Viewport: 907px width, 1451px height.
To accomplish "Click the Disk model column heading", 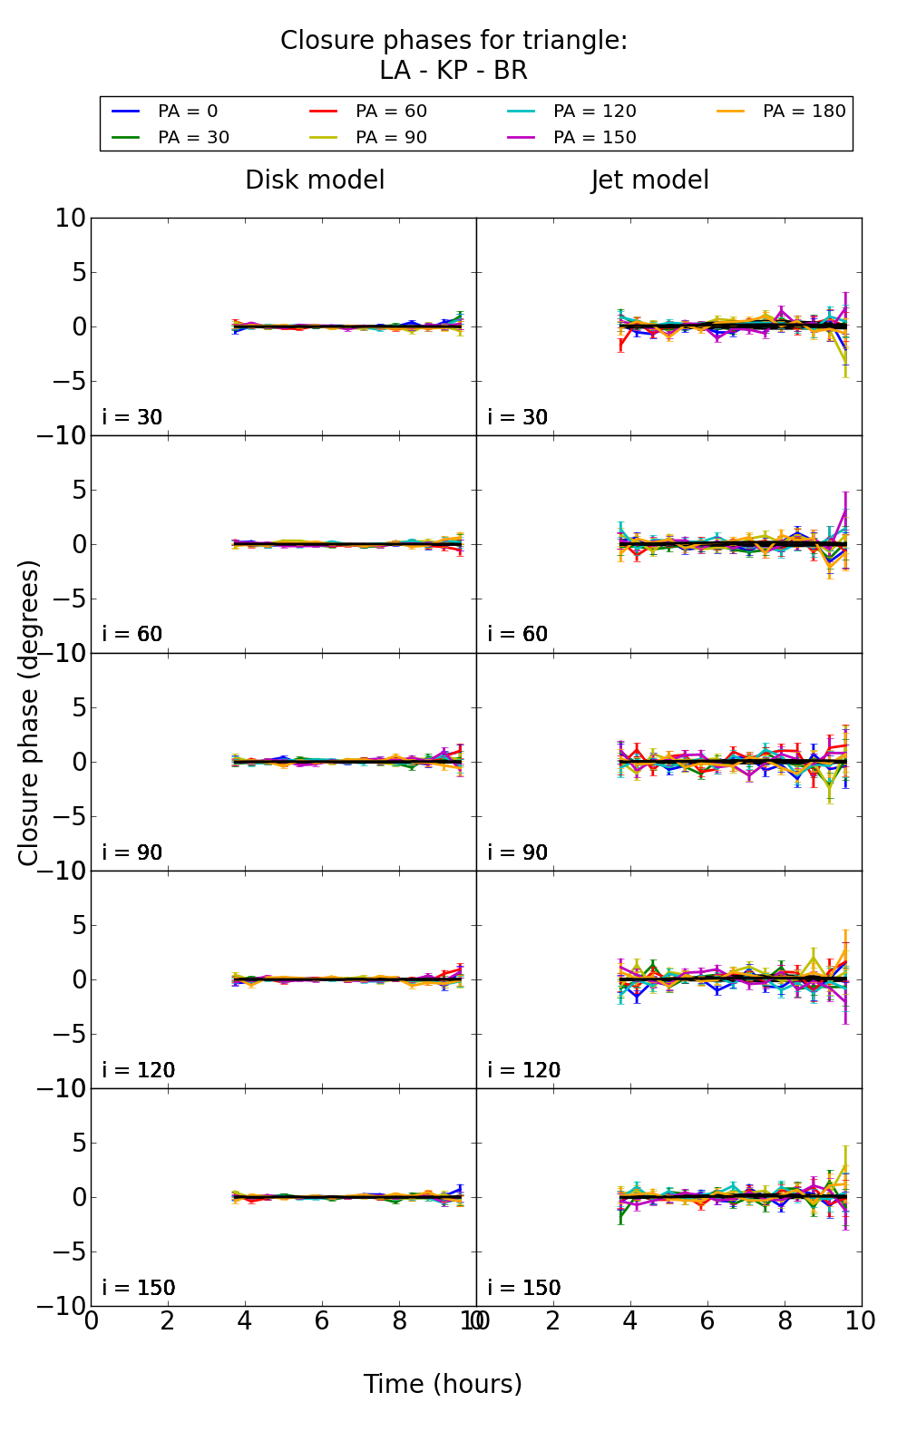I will coord(315,180).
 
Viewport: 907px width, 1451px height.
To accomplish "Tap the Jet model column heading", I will coord(649,180).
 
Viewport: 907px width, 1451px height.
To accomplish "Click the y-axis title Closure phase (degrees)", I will coord(29,713).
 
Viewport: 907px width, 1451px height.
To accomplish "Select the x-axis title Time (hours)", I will coord(443,1385).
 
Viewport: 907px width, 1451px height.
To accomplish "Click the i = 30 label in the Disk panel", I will coord(132,418).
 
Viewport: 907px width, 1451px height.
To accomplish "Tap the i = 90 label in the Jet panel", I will coord(518,852).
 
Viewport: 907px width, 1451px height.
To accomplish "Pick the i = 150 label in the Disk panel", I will coord(139,1288).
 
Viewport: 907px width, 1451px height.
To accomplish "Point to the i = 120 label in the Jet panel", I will coord(524,1070).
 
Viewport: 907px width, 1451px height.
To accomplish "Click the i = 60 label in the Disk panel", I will coord(132,635).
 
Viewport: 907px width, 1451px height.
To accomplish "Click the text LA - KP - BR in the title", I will coord(453,71).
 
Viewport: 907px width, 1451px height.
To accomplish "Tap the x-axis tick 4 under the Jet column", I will coord(630,1321).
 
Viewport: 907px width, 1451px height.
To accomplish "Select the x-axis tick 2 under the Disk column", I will coord(168,1321).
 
